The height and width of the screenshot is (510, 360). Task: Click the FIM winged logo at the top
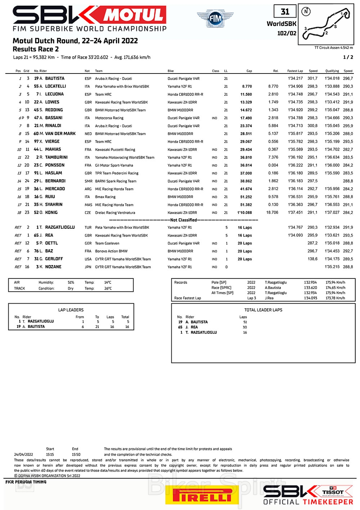click(x=215, y=18)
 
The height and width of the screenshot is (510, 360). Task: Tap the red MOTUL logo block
click(x=134, y=15)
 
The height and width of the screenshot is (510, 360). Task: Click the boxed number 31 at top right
click(x=285, y=12)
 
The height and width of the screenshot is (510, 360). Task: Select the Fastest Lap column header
click(x=295, y=71)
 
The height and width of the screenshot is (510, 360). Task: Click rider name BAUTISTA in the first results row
click(x=55, y=78)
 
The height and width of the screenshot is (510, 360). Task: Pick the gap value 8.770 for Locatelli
click(x=247, y=86)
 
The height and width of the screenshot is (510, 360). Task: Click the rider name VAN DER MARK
click(x=60, y=134)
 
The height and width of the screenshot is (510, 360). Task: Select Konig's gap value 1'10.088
click(x=244, y=212)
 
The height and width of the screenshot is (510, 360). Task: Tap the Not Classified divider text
click(x=184, y=220)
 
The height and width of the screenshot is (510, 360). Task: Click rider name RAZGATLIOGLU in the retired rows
click(x=60, y=227)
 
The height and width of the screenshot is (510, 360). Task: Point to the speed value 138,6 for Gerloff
click(x=312, y=259)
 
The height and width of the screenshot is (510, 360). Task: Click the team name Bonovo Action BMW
click(x=111, y=251)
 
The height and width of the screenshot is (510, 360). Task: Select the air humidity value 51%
click(x=71, y=282)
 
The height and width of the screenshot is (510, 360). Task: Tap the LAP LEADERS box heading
click(x=71, y=310)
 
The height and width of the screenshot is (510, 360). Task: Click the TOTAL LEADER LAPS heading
click(x=263, y=310)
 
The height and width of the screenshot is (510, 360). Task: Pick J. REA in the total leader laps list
click(x=192, y=327)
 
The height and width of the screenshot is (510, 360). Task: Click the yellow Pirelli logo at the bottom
click(x=202, y=495)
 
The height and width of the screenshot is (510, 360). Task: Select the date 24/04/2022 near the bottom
click(x=23, y=455)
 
